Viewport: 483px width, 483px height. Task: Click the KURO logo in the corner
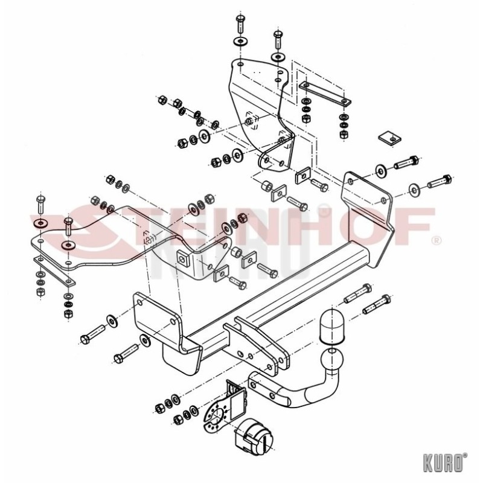(445, 462)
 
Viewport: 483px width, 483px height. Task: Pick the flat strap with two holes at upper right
(325, 94)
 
